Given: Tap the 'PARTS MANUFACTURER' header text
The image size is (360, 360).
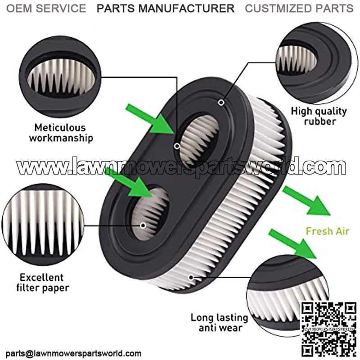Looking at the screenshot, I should [x=166, y=9].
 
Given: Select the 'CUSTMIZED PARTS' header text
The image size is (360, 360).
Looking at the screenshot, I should [x=299, y=9].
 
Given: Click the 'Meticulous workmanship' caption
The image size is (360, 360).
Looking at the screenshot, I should [x=61, y=133].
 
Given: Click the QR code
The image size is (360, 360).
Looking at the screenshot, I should [x=328, y=327].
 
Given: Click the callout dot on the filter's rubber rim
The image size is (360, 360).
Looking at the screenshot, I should [x=221, y=103].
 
